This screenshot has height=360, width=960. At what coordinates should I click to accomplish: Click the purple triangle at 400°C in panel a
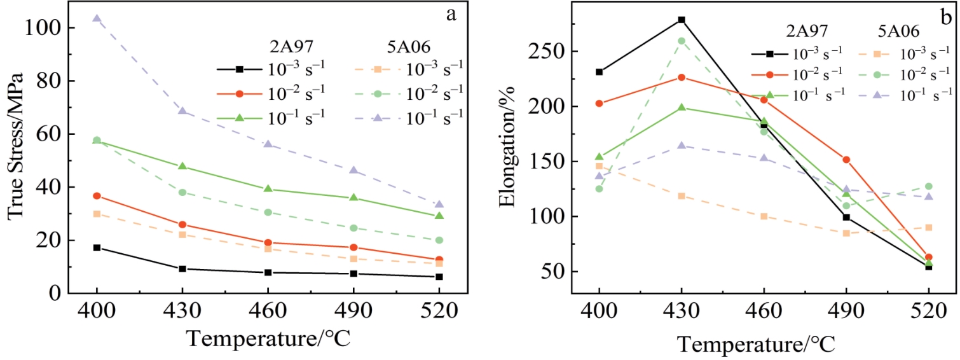coord(97,18)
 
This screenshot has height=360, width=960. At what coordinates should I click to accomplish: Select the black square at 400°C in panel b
coord(599,72)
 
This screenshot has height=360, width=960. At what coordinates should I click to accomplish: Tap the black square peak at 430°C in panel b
coord(682,20)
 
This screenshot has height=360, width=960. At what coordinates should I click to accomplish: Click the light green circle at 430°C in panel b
coord(682,41)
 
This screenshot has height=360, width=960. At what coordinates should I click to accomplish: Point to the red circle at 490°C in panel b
coord(846,160)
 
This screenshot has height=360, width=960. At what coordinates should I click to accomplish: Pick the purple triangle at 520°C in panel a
coord(439,204)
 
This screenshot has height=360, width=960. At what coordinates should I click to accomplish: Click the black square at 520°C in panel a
coord(439,277)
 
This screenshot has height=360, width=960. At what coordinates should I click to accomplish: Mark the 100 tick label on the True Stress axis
coord(45,29)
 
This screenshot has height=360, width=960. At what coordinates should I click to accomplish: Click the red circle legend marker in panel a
coord(240,93)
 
